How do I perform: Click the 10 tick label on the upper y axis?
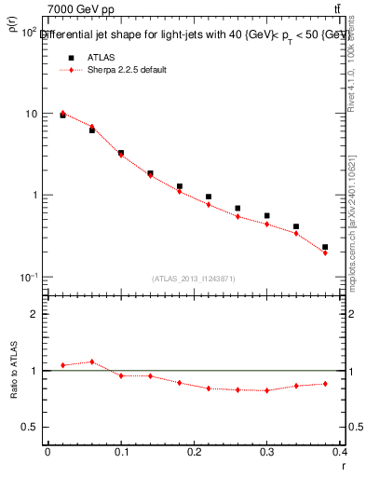31,114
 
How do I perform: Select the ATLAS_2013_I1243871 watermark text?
194,279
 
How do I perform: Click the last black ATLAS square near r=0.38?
325,247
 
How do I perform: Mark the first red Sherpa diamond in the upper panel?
63,113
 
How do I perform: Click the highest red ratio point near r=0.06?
91,361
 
